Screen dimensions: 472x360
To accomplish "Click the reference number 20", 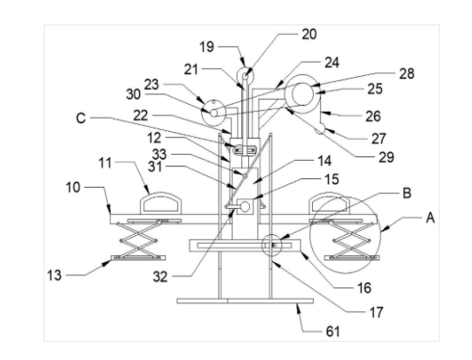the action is point(309,34).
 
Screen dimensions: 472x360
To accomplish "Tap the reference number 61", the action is point(333,331).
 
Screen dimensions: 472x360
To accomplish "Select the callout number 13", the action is point(54,275).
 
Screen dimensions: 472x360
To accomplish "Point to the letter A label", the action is point(430,218).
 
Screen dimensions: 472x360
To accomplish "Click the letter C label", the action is point(81,118).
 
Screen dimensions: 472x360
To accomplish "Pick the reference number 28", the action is point(406,73).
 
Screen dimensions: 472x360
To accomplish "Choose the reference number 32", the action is point(160,277).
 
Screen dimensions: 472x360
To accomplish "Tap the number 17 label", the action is point(376,313).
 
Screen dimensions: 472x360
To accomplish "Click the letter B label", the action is point(407,193).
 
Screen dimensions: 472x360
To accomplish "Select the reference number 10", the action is point(73,188).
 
